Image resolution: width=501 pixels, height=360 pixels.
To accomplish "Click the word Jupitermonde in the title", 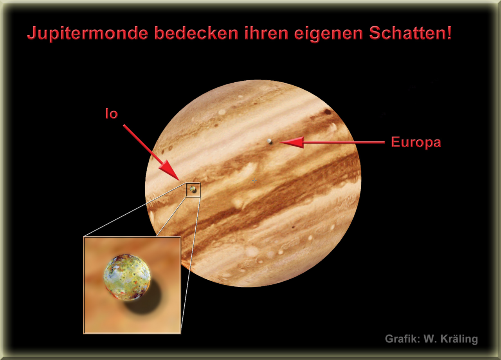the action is (x=88, y=34).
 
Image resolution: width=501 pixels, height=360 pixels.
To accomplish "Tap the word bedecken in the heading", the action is (x=196, y=33).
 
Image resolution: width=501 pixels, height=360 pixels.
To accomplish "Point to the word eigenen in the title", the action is (x=328, y=34).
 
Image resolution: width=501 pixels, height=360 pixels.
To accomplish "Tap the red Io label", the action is (x=112, y=114).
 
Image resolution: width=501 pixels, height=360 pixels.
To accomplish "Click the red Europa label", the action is (x=416, y=143).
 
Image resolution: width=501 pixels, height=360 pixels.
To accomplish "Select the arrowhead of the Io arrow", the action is (x=170, y=171).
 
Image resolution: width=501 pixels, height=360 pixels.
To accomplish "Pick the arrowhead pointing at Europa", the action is (x=292, y=142).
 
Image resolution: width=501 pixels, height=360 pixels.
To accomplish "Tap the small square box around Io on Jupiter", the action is (x=193, y=183).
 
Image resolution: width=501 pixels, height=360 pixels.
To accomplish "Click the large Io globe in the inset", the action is (x=127, y=277).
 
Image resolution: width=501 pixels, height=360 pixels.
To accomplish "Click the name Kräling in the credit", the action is (x=459, y=339).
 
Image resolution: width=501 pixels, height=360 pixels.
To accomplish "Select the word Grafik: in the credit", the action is (x=402, y=339).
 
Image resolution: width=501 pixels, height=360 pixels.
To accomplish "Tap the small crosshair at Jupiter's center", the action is (x=254, y=180).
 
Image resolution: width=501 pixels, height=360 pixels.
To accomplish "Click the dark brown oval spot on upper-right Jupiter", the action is (x=328, y=112).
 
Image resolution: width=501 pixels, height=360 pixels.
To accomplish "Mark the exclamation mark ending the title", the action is (x=449, y=33).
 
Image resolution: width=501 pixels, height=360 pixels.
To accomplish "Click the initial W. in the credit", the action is (x=431, y=339).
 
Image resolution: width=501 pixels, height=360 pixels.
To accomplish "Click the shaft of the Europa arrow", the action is (x=344, y=142).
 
